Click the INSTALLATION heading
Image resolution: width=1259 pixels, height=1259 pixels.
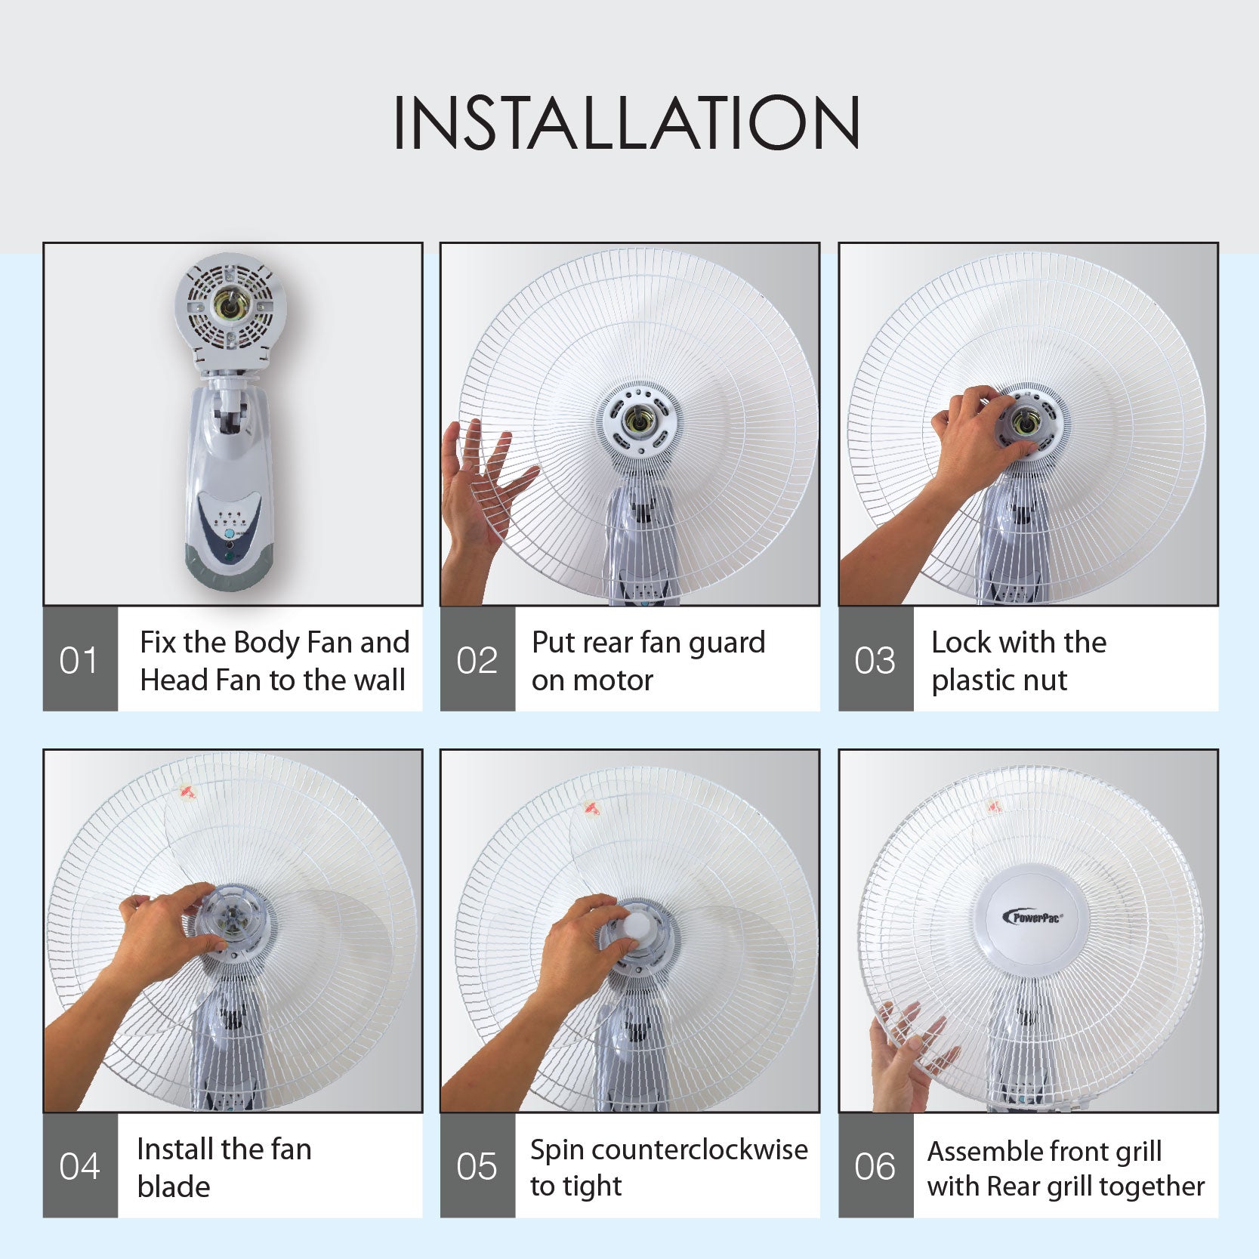pos(627,122)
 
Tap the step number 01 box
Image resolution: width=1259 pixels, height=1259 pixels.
pos(79,660)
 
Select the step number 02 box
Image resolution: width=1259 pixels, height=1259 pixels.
pos(477,660)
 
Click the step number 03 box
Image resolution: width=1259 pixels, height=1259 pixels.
pos(875,660)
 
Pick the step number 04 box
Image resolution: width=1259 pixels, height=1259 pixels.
pos(79,1166)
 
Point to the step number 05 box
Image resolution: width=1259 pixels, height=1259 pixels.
pos(477,1166)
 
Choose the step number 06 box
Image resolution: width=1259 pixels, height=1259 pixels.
pos(875,1166)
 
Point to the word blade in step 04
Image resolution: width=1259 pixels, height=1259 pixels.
pos(173,1186)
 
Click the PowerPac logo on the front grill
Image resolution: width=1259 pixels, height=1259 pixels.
pos(1033,917)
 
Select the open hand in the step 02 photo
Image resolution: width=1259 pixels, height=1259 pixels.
pos(480,498)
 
